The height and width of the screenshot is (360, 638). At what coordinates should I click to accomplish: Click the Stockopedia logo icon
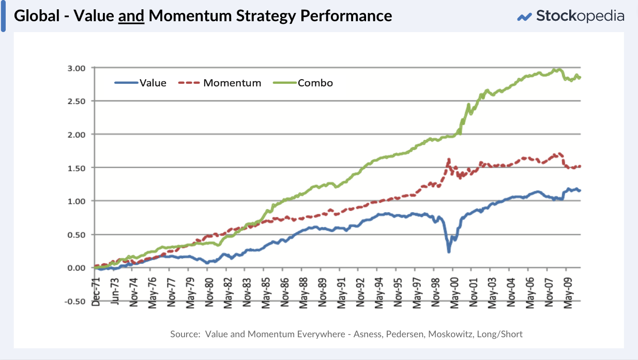click(x=524, y=17)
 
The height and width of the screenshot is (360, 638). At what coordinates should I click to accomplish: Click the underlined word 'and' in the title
click(x=131, y=16)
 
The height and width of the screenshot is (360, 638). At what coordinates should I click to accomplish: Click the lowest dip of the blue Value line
click(x=449, y=251)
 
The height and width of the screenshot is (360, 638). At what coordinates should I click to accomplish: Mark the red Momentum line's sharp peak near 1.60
click(x=448, y=159)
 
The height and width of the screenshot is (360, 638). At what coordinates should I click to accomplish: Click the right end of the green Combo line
click(x=580, y=78)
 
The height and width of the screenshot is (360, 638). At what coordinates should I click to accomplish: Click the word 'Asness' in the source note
click(x=368, y=334)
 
